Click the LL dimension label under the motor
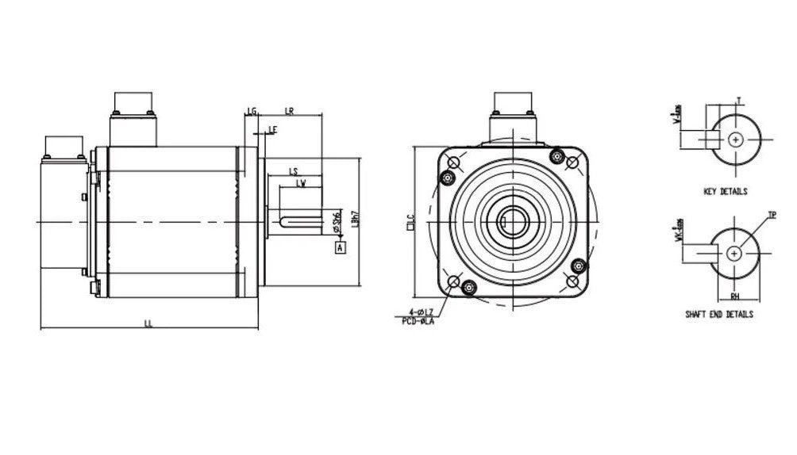tap(148, 323)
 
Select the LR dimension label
tap(289, 111)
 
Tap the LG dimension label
tap(252, 111)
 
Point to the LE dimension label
tap(272, 128)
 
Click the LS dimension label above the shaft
tap(293, 171)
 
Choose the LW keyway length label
tap(301, 183)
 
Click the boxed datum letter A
tap(341, 248)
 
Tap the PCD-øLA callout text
tap(418, 321)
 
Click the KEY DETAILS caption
tap(725, 192)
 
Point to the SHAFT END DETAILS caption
tap(719, 315)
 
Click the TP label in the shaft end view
tap(772, 215)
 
